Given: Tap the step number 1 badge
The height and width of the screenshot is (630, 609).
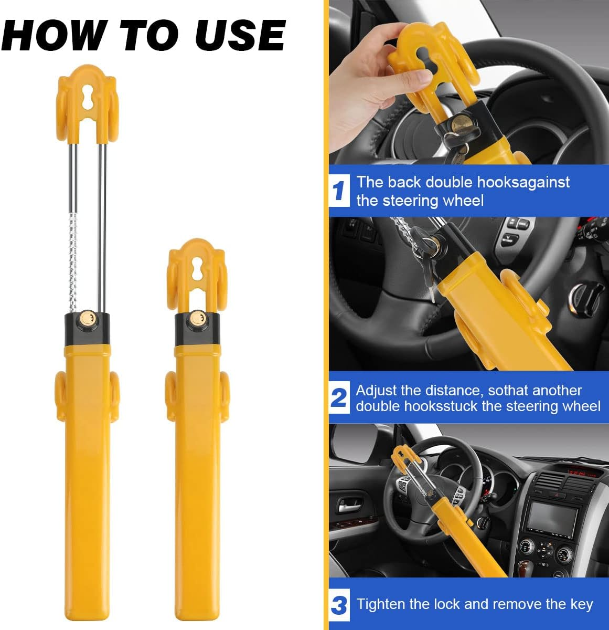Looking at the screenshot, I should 339,191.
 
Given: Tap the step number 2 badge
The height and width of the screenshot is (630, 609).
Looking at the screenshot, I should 339,398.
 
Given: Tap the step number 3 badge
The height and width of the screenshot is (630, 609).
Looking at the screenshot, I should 339,605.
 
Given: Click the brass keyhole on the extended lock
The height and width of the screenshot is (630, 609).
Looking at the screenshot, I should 88,319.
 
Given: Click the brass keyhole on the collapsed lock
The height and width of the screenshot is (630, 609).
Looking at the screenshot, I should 197,318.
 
